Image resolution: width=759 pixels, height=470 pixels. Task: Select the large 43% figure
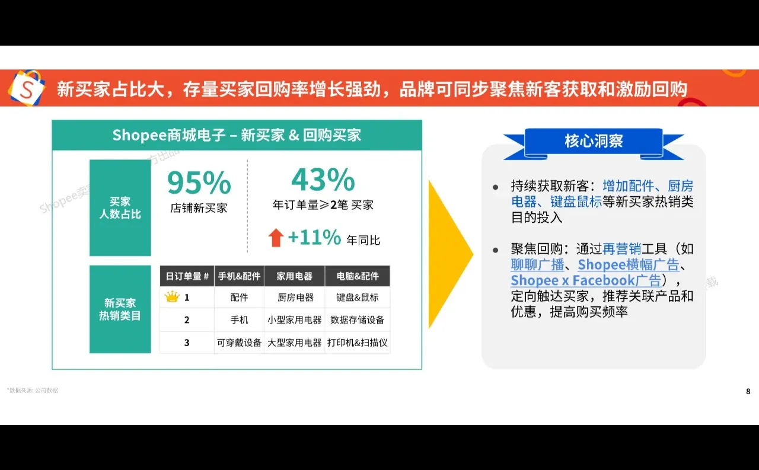323,180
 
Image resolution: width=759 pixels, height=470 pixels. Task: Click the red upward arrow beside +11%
276,238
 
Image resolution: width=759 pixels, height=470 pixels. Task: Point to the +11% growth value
314,238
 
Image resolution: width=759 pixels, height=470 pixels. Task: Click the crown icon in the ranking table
172,297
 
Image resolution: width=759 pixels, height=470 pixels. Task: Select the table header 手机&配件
239,276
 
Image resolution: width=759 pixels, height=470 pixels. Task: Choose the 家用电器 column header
295,276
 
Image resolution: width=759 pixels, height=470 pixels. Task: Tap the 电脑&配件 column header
358,276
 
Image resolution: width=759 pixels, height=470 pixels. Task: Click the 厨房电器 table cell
295,298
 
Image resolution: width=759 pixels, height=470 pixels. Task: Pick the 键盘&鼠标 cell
358,298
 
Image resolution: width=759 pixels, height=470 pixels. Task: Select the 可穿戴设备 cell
239,343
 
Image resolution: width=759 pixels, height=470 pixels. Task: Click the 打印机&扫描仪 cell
358,343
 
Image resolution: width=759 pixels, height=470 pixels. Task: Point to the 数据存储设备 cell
358,320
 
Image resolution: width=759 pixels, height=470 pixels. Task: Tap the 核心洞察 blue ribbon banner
594,142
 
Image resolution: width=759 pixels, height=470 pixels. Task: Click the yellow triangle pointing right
449,254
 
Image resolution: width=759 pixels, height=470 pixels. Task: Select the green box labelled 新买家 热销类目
120,309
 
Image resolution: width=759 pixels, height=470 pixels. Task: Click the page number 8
748,391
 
